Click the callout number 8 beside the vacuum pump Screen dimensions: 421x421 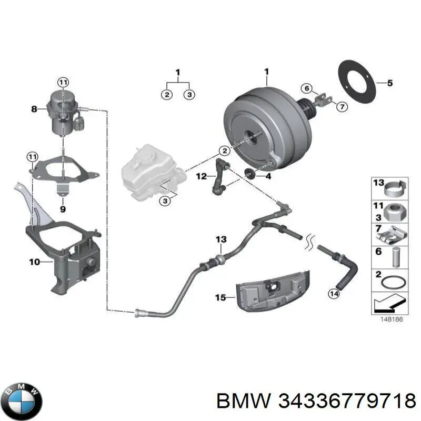coord(34,109)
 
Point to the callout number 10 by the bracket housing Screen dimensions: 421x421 coord(35,262)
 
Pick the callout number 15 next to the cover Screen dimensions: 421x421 coord(220,297)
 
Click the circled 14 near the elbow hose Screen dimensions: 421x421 coord(334,294)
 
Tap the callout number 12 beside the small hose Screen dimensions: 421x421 coord(202,176)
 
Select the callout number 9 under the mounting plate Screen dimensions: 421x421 coord(63,209)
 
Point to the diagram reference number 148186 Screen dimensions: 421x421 coord(392,319)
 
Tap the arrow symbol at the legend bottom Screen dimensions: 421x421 coord(389,303)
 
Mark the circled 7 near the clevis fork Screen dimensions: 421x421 coord(342,107)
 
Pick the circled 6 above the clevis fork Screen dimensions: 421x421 coord(307,88)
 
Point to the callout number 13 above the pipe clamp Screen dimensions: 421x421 coord(221,239)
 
